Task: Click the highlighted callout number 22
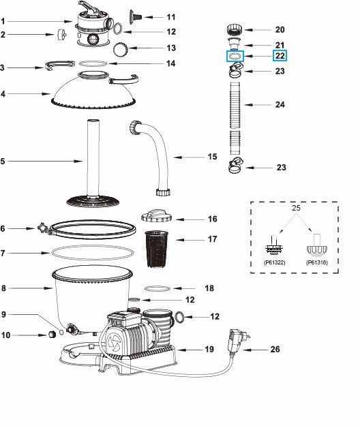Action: point(280,56)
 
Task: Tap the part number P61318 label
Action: point(316,260)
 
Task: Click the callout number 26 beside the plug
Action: point(275,350)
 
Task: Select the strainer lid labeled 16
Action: point(160,217)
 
